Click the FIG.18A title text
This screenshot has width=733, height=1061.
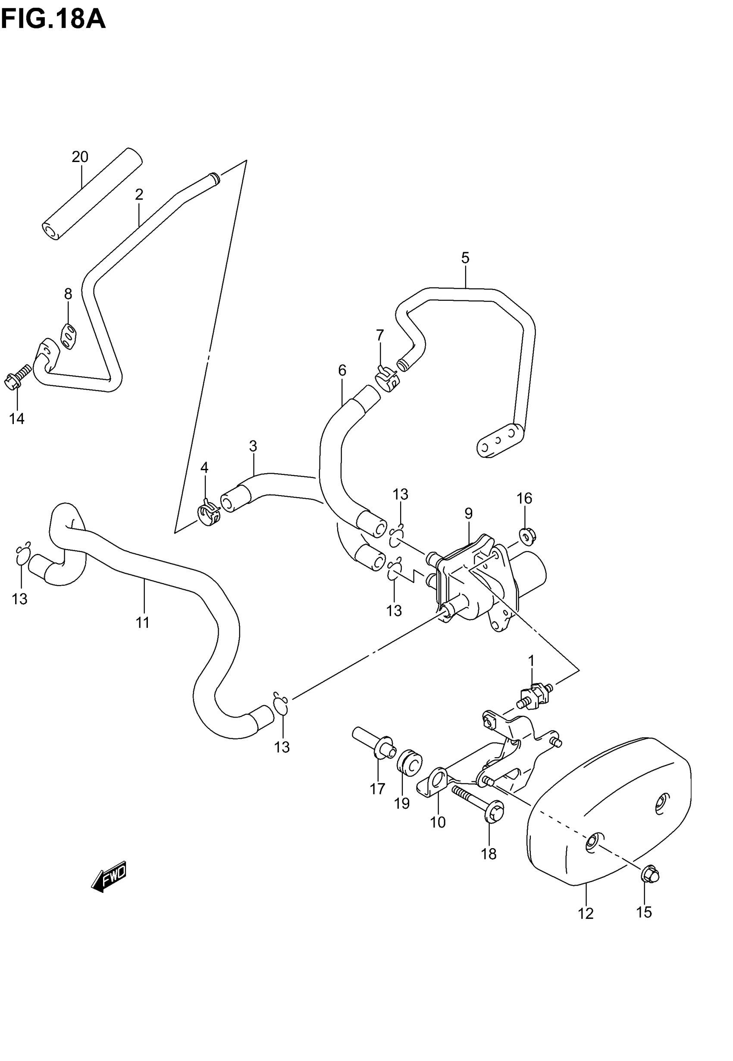(x=53, y=19)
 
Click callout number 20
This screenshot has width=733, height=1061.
(x=80, y=157)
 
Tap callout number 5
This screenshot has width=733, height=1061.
(x=465, y=258)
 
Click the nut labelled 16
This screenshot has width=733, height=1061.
(x=528, y=535)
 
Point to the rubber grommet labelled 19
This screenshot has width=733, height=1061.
(x=409, y=762)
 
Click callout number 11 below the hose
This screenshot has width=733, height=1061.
(x=142, y=623)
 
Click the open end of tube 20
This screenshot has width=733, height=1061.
(x=51, y=231)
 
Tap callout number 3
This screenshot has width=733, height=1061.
(x=253, y=446)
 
